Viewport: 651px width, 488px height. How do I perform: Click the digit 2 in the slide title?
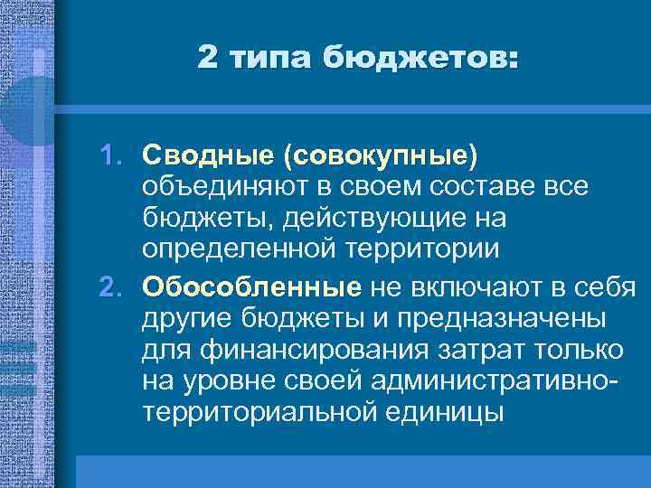[x=207, y=59]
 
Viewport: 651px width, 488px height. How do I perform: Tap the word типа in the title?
[x=268, y=59]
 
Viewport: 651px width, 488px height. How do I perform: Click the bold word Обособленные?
[x=251, y=287]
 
